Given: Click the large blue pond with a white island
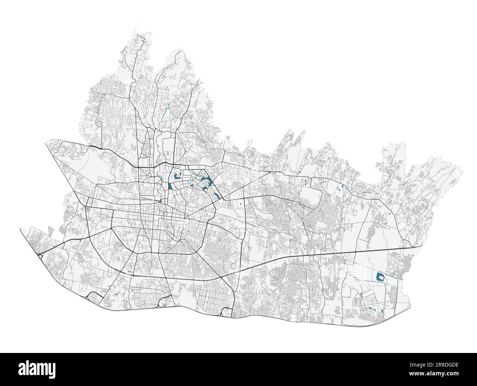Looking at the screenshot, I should point(380,277).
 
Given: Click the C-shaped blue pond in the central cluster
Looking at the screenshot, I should point(178,177).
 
